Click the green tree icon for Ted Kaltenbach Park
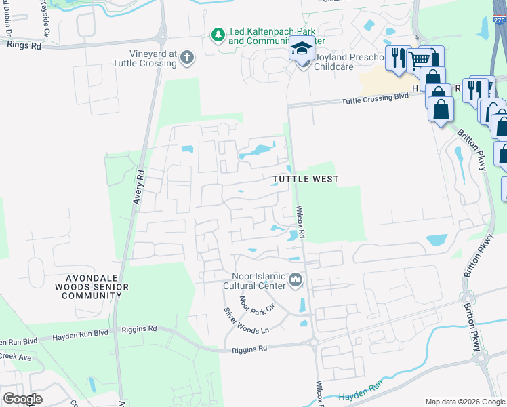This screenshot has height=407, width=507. tap(218, 35)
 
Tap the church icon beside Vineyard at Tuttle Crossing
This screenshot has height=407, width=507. tap(188, 59)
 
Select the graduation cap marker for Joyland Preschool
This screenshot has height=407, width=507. tap(300, 49)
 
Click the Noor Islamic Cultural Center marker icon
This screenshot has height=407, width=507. tap(296, 279)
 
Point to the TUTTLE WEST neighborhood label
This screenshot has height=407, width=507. tap(305, 179)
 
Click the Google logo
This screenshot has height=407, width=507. tap(22, 399)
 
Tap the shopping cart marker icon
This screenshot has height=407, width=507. tap(420, 60)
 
